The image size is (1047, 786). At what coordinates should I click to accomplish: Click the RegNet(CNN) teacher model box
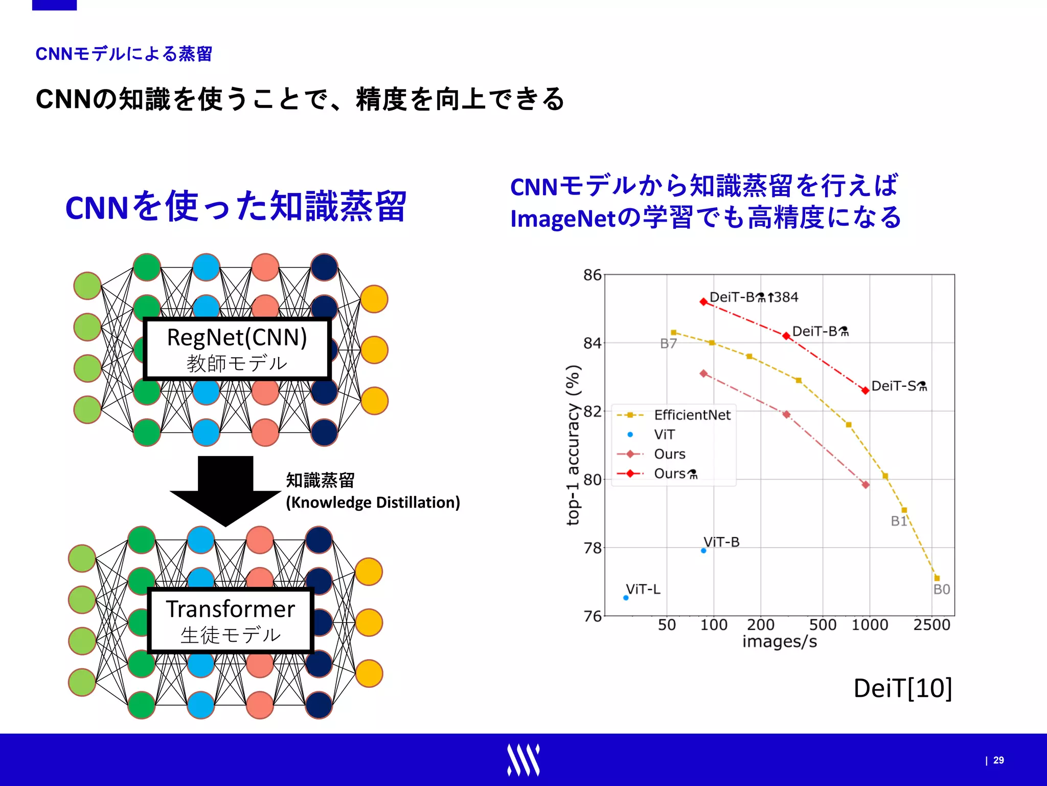237,349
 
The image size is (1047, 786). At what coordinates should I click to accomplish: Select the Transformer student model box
230,621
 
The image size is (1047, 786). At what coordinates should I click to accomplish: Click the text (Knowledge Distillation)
373,503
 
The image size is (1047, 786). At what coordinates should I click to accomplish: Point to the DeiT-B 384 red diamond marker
703,302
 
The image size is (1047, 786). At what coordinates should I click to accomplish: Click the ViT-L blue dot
626,598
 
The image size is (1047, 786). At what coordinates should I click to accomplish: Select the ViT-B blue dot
703,551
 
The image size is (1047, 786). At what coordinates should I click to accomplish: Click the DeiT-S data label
899,386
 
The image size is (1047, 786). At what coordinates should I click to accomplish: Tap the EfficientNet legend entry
692,415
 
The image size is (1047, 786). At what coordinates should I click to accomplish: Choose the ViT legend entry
664,434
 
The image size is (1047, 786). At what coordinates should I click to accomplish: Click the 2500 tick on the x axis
931,625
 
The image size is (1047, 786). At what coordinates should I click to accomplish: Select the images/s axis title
780,642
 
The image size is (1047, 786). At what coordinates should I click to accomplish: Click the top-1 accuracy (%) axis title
573,445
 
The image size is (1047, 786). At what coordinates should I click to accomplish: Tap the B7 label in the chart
668,344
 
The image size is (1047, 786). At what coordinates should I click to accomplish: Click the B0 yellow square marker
937,578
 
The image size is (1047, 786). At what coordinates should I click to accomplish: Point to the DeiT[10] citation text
902,688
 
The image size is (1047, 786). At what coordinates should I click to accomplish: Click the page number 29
998,760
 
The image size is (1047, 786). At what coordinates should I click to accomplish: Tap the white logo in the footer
523,760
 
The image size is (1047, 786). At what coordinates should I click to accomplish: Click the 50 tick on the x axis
667,625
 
